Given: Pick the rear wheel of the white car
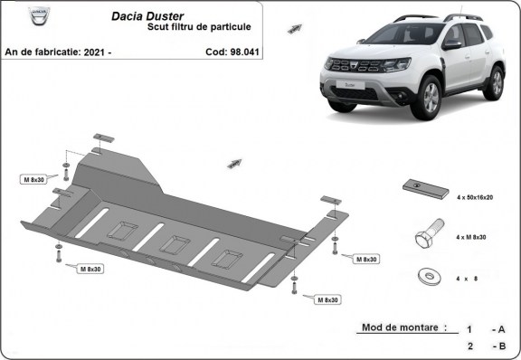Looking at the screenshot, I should pos(494,82).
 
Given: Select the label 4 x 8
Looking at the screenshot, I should pos(472,278).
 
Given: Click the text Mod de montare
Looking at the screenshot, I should pos(401,327).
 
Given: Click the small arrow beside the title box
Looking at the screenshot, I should pos(295,28).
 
